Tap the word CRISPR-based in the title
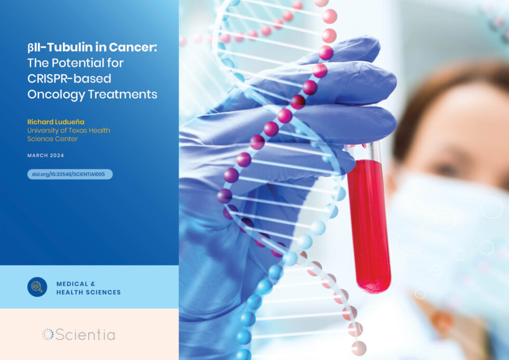pyautogui.click(x=62, y=78)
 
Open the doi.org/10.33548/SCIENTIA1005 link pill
pyautogui.click(x=70, y=175)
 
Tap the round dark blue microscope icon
pyautogui.click(x=37, y=287)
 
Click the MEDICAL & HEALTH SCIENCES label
pyautogui.click(x=88, y=287)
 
